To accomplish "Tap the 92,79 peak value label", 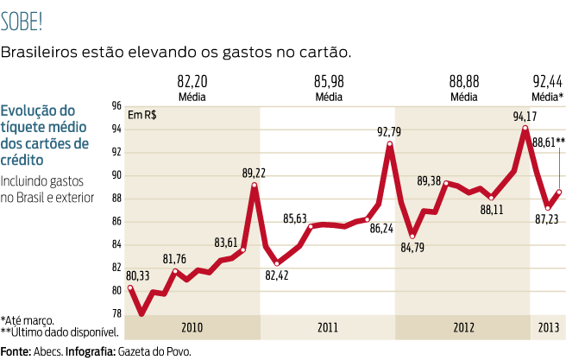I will (x=389, y=132).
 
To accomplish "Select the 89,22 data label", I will (x=253, y=173).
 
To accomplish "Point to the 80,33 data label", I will (x=141, y=275).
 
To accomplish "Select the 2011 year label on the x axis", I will (x=327, y=328).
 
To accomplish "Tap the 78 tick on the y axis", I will (x=116, y=313).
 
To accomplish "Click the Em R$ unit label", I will (x=141, y=114).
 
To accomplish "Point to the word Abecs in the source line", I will (x=47, y=351).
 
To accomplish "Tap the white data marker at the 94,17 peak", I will (x=525, y=129).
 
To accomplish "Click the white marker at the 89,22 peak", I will (x=254, y=185).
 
